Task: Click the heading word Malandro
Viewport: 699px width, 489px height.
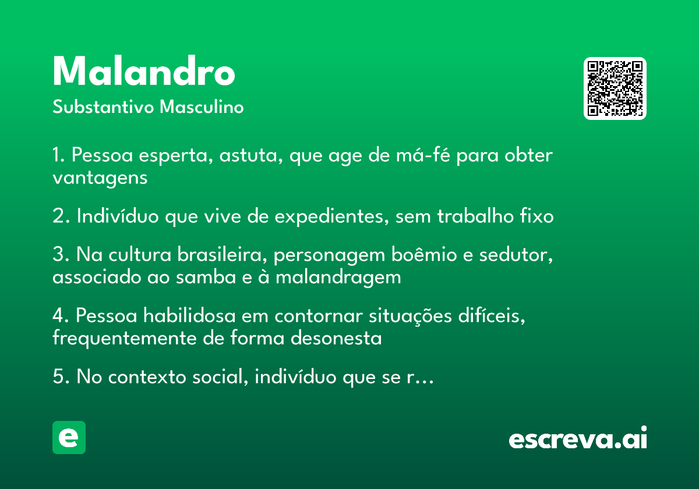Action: [x=144, y=70]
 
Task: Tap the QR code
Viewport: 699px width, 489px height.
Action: [x=615, y=88]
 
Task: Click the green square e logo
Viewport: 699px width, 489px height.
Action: [x=69, y=437]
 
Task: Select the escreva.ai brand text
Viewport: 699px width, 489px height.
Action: [x=578, y=437]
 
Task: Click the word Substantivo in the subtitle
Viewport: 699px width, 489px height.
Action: [x=103, y=107]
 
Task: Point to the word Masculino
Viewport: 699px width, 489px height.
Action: [x=202, y=107]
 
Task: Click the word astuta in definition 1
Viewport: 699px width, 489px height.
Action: [x=248, y=155]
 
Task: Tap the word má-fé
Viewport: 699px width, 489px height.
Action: [x=423, y=155]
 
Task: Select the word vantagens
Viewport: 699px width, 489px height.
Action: [x=100, y=179]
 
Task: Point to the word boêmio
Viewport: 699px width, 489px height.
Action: [x=424, y=254]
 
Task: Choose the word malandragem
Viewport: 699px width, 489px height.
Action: [x=338, y=278]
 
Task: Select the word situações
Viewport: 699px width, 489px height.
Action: [x=410, y=316]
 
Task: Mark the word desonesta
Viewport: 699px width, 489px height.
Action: [x=336, y=338]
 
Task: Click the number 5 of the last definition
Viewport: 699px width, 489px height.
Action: [x=58, y=376]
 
